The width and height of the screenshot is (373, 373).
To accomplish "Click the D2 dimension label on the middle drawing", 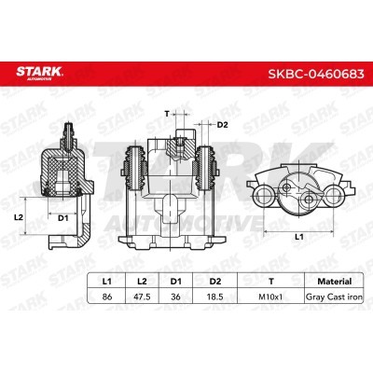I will click(223, 124).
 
